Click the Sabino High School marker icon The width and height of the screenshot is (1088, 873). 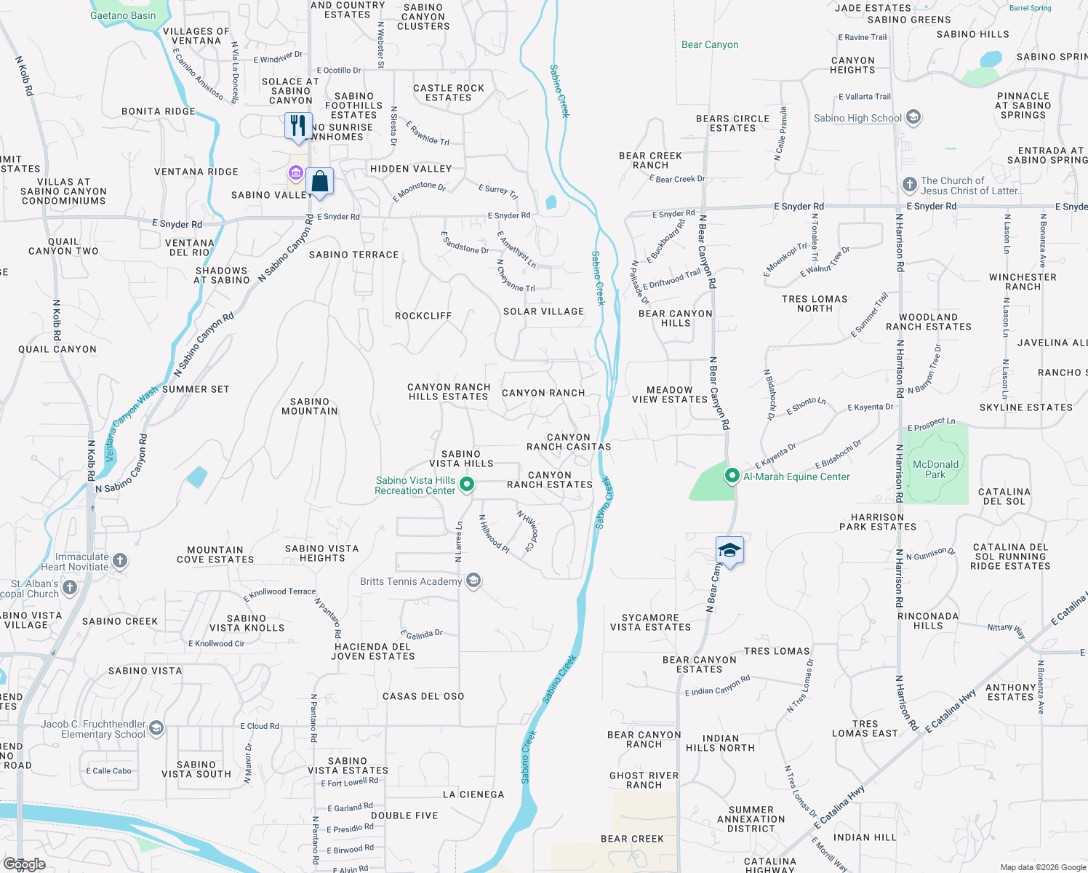[x=914, y=117]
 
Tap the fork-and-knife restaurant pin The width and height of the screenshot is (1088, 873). [x=298, y=126]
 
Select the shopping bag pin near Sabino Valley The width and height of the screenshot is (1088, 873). [x=319, y=181]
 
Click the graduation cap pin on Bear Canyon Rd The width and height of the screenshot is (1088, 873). [x=729, y=551]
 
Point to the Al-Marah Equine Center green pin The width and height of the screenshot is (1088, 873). [x=732, y=477]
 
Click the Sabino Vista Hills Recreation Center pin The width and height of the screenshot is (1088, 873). [x=468, y=484]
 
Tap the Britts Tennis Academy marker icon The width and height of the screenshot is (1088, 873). [x=473, y=581]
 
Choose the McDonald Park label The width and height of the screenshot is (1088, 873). [x=935, y=469]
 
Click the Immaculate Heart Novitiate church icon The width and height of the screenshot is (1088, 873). [x=120, y=561]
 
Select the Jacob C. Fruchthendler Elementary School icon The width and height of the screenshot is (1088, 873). [x=156, y=728]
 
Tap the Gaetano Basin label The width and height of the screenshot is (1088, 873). [x=123, y=15]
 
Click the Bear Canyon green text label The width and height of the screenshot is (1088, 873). [x=710, y=44]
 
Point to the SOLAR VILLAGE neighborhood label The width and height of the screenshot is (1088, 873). [x=544, y=311]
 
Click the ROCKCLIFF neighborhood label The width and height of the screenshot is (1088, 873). [x=423, y=316]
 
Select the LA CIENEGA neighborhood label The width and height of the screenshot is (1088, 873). [x=473, y=794]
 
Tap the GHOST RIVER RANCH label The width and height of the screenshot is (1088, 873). [x=644, y=780]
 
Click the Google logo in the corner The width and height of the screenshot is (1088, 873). [x=25, y=864]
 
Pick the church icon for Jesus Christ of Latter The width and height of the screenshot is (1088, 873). [x=910, y=185]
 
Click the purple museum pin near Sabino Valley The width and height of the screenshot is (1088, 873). [x=295, y=173]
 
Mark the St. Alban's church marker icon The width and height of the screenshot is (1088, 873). [x=70, y=588]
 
